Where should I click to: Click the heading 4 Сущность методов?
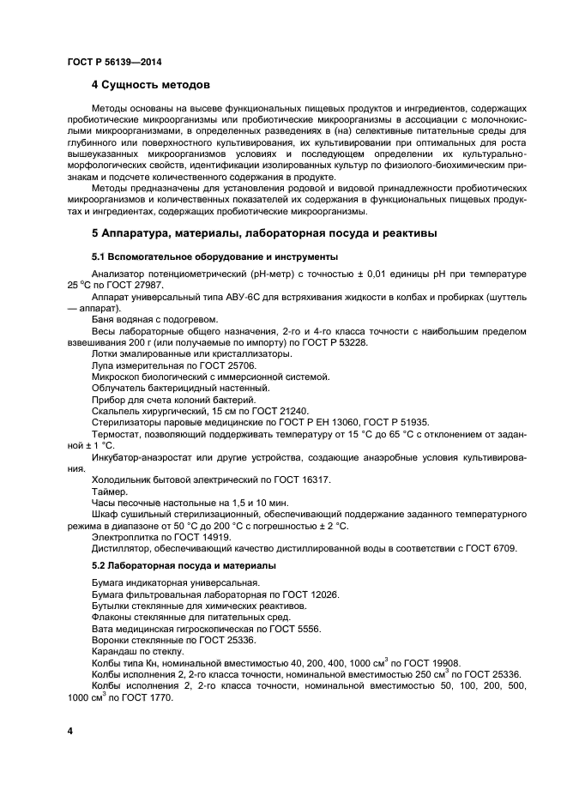(x=150, y=85)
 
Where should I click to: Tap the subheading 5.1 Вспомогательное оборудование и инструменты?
(x=214, y=256)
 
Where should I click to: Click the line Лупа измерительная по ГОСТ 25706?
(x=164, y=365)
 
